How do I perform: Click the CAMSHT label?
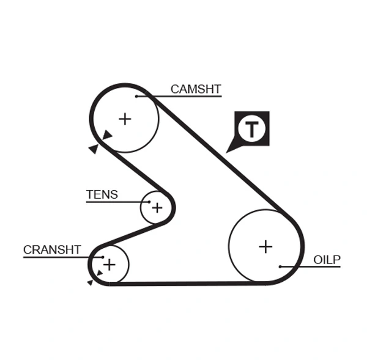pyautogui.click(x=195, y=89)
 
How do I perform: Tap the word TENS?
pyautogui.click(x=102, y=195)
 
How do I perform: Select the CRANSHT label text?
pyautogui.click(x=52, y=249)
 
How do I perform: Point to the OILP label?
pyautogui.click(x=327, y=260)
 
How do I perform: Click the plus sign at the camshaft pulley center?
pyautogui.click(x=125, y=119)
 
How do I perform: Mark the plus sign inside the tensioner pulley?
pyautogui.click(x=157, y=208)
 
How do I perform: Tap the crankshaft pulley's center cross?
pyautogui.click(x=109, y=265)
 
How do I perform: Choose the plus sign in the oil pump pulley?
pyautogui.click(x=265, y=246)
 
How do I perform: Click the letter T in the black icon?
pyautogui.click(x=252, y=129)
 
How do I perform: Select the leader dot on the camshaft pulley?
pyautogui.click(x=137, y=96)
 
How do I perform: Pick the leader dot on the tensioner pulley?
pyautogui.click(x=149, y=201)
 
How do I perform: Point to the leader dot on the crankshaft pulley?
pyautogui.click(x=103, y=257)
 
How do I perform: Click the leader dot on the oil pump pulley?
pyautogui.click(x=280, y=266)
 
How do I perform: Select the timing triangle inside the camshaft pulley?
pyautogui.click(x=108, y=135)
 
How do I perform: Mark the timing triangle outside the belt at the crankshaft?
pyautogui.click(x=91, y=282)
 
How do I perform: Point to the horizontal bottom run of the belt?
pyautogui.click(x=183, y=284)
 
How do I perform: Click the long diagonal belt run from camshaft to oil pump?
pyautogui.click(x=220, y=159)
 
